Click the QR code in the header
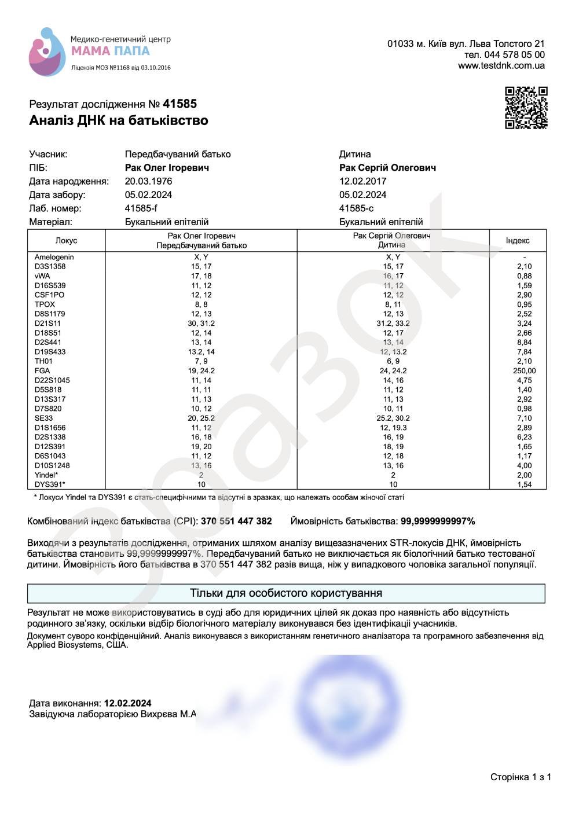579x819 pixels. point(526,108)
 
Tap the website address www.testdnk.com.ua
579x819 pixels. point(501,65)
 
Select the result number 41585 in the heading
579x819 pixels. point(179,104)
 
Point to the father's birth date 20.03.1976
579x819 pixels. point(148,181)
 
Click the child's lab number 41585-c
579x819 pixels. point(356,208)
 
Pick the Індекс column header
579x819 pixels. point(517,241)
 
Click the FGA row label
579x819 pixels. point(42,370)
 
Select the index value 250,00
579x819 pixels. point(524,370)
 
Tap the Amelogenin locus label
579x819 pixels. point(54,257)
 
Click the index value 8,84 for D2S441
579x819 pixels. point(524,342)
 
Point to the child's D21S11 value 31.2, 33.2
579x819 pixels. point(393,324)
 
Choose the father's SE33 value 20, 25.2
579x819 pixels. point(201,418)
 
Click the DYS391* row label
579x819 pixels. point(50,484)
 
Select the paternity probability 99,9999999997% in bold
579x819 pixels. point(438,521)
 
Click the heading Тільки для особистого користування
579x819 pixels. point(286,593)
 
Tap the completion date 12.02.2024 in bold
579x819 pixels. point(127,703)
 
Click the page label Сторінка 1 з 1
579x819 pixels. point(521,777)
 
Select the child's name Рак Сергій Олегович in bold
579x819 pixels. point(387,168)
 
